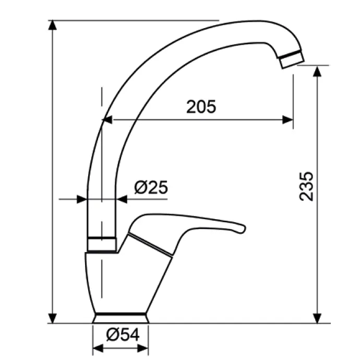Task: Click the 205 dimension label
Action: tap(201, 106)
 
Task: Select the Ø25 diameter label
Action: tap(151, 187)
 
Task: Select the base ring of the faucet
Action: tap(121, 318)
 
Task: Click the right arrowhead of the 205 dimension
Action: tap(287, 119)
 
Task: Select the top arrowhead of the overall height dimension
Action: tap(53, 25)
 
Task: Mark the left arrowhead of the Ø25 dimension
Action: tap(81, 199)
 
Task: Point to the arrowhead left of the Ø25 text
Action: tap(121, 199)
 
